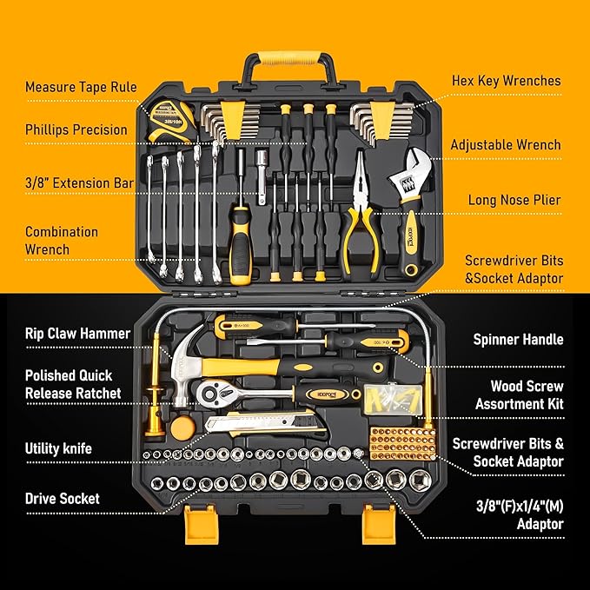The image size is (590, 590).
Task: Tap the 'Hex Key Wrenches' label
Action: point(506,81)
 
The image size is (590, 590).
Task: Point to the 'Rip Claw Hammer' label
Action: point(77,334)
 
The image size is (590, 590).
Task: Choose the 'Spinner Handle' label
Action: point(518,340)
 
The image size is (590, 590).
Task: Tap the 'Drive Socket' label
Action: point(62,499)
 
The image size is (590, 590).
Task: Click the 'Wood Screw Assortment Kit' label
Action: point(519,394)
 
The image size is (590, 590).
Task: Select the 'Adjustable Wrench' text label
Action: point(505,145)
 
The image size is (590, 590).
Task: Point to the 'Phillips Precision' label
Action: point(76,130)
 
